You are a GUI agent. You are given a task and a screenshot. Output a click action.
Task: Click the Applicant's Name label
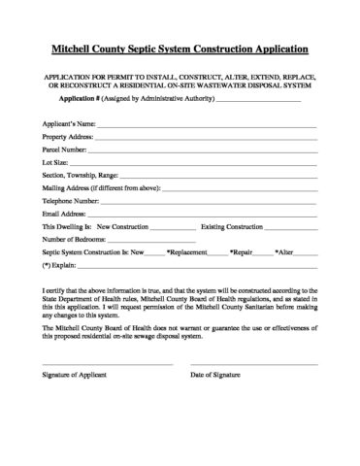pos(68,124)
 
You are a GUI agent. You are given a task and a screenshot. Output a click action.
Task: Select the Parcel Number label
pos(64,150)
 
